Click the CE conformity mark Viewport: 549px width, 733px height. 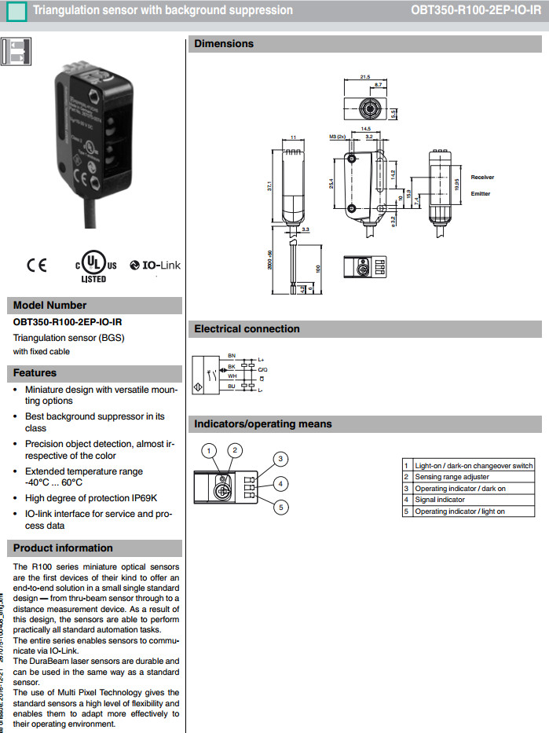[x=37, y=265]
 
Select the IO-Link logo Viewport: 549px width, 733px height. [x=156, y=266]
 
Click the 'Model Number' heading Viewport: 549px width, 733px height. [x=50, y=306]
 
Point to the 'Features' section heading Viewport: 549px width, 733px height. [x=35, y=372]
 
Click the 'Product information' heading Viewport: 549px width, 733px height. [x=63, y=548]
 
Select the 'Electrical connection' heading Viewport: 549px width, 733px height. [x=247, y=329]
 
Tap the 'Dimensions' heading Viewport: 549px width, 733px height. [x=224, y=44]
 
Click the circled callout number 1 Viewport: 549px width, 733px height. [x=209, y=450]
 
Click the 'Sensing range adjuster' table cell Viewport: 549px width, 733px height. [x=452, y=477]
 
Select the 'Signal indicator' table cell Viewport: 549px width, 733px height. [x=440, y=500]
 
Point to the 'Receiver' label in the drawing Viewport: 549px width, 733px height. [x=482, y=178]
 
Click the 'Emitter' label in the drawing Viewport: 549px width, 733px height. [x=480, y=193]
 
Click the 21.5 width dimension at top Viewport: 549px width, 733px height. [x=364, y=77]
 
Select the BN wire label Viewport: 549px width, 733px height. [x=231, y=356]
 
